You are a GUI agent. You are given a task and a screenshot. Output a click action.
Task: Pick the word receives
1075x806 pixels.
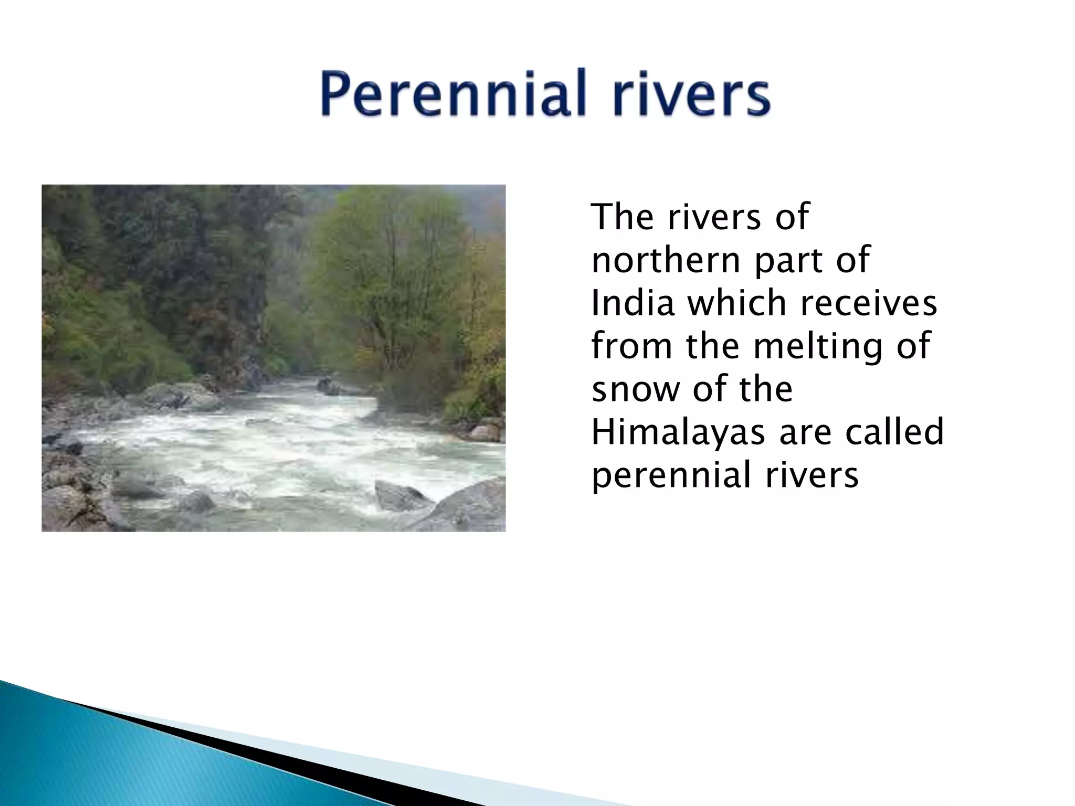click(x=868, y=303)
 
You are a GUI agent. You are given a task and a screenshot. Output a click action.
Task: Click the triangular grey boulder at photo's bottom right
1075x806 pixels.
click(x=399, y=496)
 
